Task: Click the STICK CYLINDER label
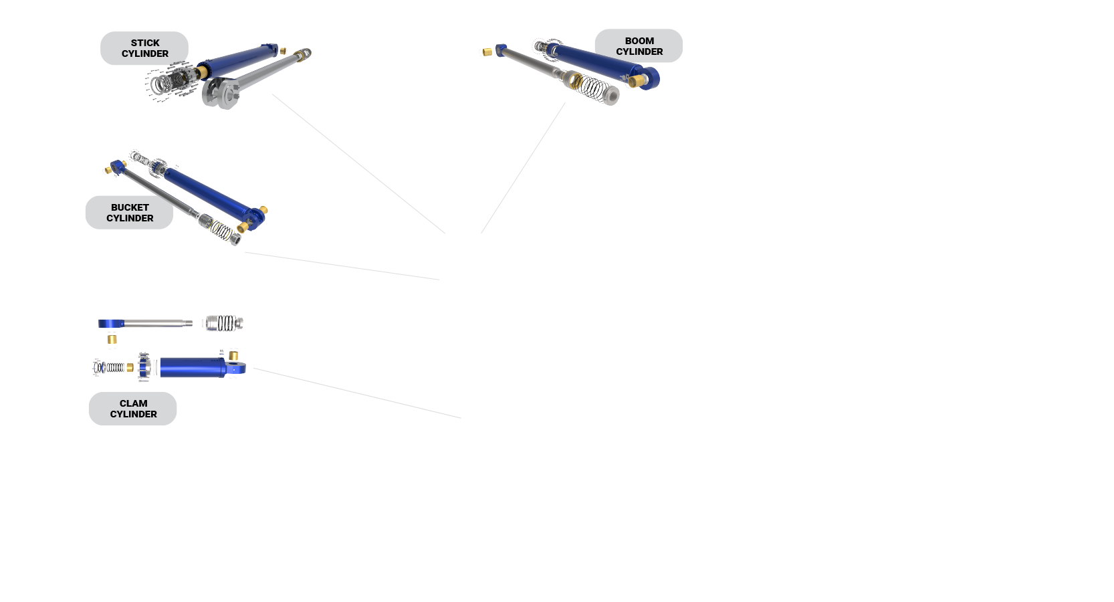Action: (144, 48)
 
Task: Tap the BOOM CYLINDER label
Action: (639, 46)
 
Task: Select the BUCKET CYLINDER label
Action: (129, 213)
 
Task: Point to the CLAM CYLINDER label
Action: (133, 409)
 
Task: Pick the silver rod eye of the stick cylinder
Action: (221, 92)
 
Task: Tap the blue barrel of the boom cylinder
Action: (595, 59)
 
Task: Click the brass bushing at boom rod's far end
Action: (487, 51)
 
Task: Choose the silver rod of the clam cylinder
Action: (160, 324)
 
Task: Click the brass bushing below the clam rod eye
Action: (112, 339)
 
